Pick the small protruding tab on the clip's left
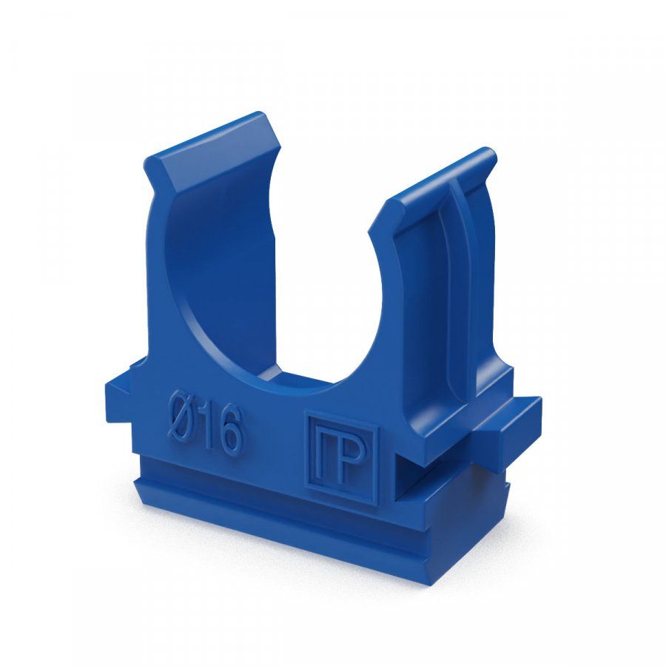(119, 395)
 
